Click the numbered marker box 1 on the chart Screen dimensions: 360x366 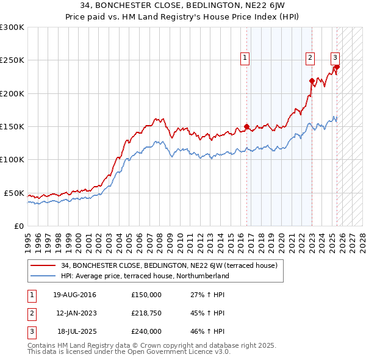pos(245,58)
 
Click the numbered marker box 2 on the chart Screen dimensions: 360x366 pos(310,58)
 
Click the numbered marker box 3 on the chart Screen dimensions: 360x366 pos(335,58)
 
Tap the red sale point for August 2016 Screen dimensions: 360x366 pos(247,127)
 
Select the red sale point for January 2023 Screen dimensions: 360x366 pos(312,81)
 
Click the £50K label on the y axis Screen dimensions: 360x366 pos(15,193)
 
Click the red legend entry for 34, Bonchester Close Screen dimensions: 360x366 pos(169,265)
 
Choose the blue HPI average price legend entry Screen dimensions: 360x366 pos(145,276)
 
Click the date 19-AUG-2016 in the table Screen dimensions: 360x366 pos(74,295)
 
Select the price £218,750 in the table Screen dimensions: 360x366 pos(146,313)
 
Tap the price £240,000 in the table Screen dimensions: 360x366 pos(146,331)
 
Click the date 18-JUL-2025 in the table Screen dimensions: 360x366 pos(77,331)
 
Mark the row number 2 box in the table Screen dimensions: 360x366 pos(31,313)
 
